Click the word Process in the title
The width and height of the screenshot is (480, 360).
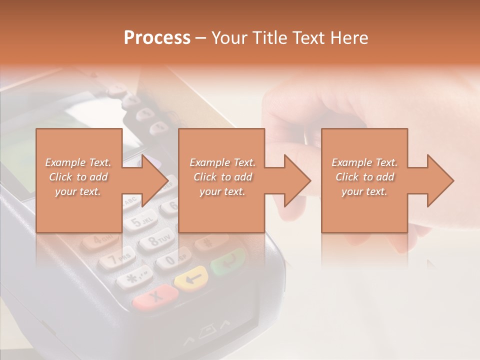157,38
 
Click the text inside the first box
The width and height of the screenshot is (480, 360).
78,177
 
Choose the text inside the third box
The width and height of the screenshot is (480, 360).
364,177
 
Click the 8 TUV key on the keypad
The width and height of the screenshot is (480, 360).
156,241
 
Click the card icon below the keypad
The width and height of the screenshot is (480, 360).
208,333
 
